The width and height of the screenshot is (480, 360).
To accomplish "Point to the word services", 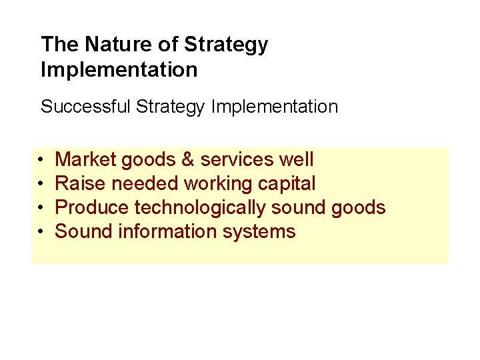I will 237,160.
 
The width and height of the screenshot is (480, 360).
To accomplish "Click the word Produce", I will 92,208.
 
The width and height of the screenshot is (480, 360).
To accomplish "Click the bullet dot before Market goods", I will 41,161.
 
